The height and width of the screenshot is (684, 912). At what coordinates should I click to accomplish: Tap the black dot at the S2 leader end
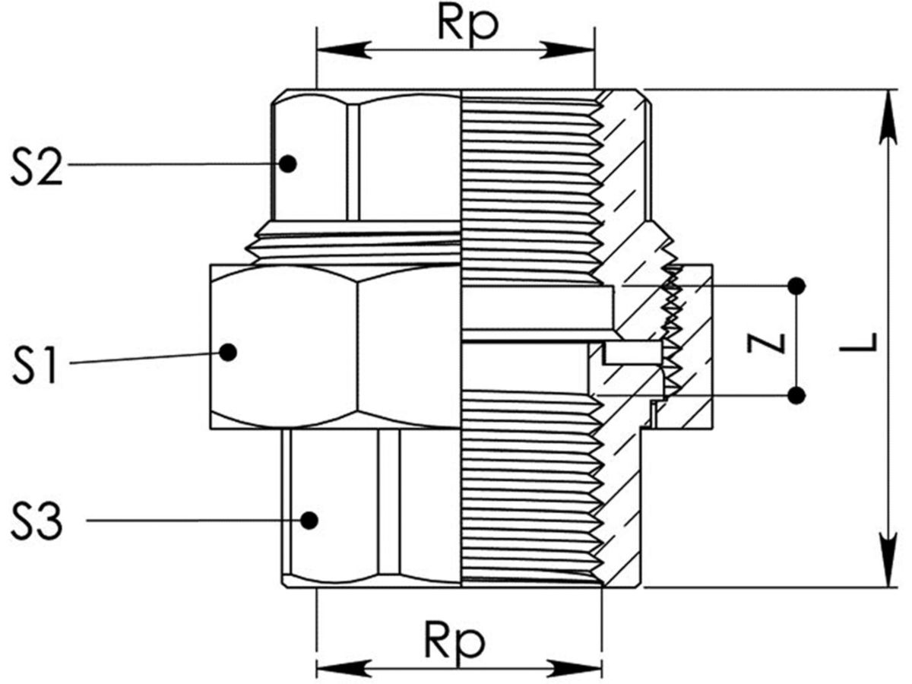point(287,163)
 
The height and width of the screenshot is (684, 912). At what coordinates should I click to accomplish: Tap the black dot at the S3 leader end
point(309,520)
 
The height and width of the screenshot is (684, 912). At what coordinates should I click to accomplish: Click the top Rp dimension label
point(468,24)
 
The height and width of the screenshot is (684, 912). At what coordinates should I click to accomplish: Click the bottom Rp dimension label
point(454,644)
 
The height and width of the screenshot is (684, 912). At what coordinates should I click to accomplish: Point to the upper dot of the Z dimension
point(796,286)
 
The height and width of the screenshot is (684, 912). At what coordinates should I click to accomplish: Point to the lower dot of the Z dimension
point(796,395)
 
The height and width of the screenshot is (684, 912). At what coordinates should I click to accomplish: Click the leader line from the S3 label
point(190,521)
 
